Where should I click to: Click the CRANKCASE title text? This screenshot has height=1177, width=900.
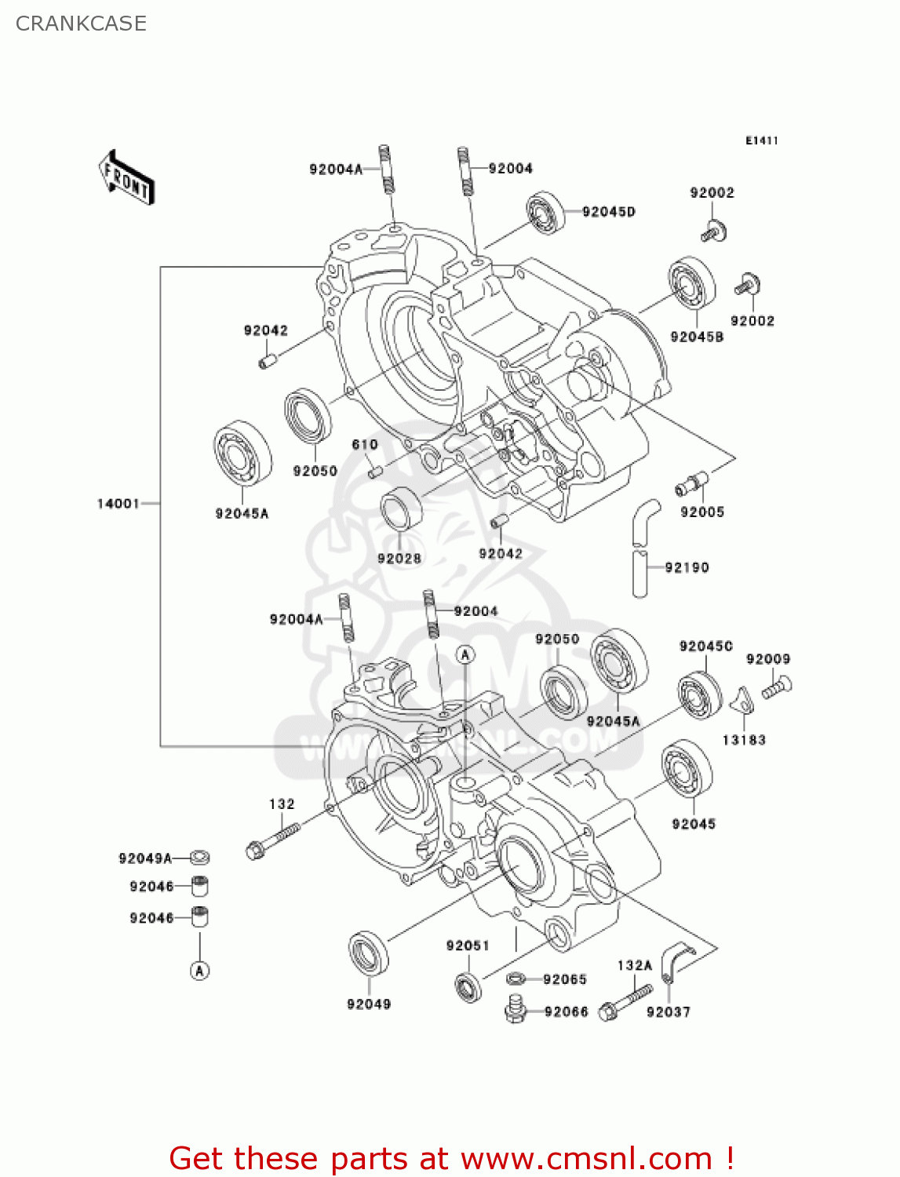point(81,24)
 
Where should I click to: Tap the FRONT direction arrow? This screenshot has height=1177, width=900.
point(126,178)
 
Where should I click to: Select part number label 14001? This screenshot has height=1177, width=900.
point(118,504)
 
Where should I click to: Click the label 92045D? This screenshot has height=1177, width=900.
point(608,212)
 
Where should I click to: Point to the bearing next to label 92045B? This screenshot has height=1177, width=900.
point(692,284)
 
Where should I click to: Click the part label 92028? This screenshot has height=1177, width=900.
point(399,559)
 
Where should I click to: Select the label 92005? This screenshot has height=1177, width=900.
point(702,512)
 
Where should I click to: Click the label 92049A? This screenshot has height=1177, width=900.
point(145,858)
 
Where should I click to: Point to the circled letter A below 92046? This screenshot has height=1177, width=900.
point(200,971)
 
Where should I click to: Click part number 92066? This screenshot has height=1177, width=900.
point(566,1012)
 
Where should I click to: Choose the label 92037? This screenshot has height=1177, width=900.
point(669,1012)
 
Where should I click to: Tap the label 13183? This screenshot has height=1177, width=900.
point(744,740)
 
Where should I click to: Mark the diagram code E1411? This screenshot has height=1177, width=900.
point(761,140)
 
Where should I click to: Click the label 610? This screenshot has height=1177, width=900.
point(365,444)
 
